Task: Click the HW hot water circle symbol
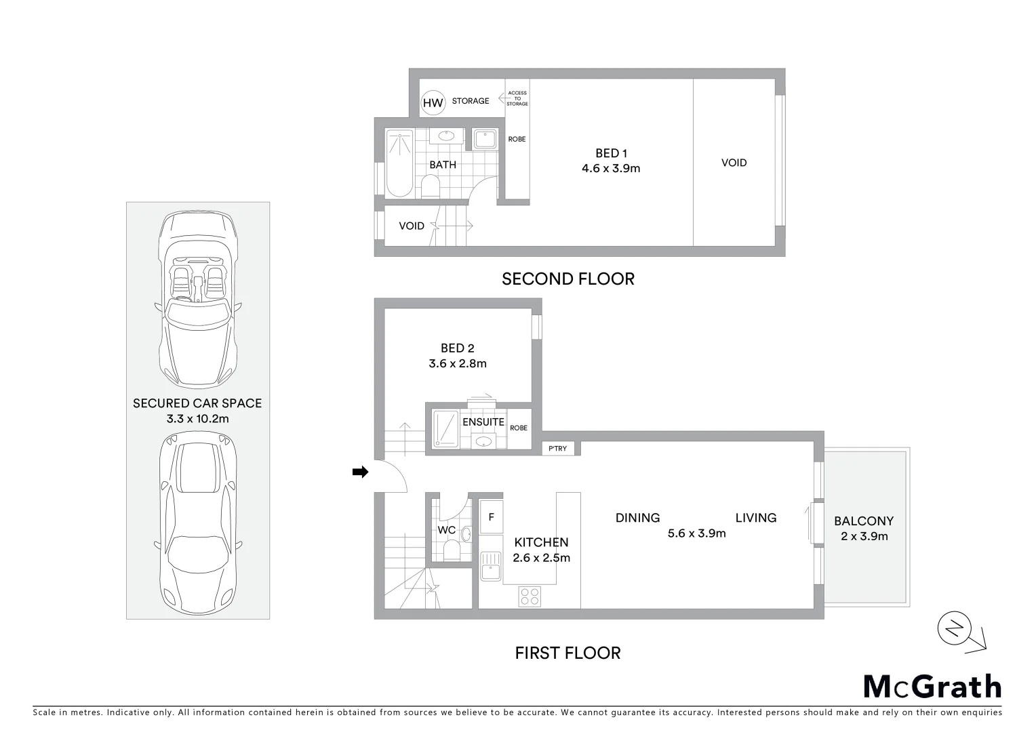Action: [433, 103]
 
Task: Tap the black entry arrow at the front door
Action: [360, 472]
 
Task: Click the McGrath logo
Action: [932, 687]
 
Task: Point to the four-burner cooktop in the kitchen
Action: [530, 596]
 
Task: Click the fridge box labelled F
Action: [492, 517]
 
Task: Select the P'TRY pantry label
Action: [557, 449]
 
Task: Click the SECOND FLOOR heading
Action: [567, 279]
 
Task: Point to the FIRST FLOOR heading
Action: [567, 653]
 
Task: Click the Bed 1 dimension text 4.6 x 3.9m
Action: [610, 168]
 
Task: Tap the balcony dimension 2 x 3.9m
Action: [864, 536]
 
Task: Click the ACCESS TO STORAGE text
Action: [517, 98]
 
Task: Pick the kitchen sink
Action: [490, 567]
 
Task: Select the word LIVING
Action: [755, 518]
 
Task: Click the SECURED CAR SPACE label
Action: [197, 403]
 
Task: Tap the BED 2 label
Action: [457, 348]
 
